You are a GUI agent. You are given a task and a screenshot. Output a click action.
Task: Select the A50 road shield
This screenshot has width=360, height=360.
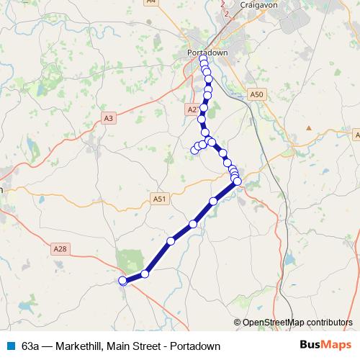[x=256, y=94]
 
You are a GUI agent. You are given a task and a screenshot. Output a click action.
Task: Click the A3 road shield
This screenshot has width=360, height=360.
[x=109, y=118]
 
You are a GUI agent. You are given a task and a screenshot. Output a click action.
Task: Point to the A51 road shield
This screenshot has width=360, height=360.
[x=160, y=199]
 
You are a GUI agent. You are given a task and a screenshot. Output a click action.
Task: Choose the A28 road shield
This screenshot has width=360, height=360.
[x=60, y=248]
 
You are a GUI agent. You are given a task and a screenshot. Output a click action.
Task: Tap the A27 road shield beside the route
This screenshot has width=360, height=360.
[x=192, y=109]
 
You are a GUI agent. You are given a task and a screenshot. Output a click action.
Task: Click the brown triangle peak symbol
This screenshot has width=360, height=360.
[x=309, y=127]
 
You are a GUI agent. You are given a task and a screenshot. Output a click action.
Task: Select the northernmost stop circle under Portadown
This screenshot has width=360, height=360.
[x=203, y=60]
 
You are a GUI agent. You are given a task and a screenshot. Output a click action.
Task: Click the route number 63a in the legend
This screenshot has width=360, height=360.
[x=30, y=346]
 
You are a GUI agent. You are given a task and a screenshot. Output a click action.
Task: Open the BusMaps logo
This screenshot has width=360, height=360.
[x=325, y=346]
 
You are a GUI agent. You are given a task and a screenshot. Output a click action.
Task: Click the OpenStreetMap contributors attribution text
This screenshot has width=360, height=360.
[x=297, y=323]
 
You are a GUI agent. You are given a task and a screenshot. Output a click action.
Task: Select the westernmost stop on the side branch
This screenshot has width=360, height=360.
[x=194, y=150]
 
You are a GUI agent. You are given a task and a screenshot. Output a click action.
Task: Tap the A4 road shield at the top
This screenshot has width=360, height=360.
[x=151, y=2]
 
